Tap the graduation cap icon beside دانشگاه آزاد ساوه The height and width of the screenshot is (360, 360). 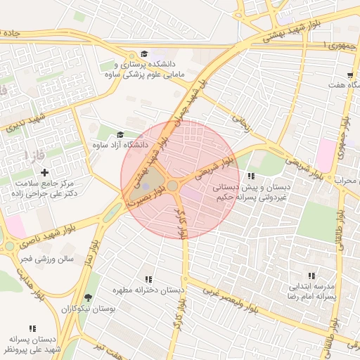tap(120, 134)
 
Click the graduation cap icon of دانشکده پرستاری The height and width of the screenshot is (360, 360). tap(144, 54)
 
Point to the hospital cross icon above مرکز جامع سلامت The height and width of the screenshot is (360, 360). tap(46, 172)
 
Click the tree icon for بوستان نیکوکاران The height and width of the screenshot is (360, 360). tap(88, 297)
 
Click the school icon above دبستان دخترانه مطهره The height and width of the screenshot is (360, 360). tap(148, 279)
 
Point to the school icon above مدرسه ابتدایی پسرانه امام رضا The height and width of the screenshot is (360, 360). tap(311, 276)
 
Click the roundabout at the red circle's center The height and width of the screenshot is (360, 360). tap(172, 185)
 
